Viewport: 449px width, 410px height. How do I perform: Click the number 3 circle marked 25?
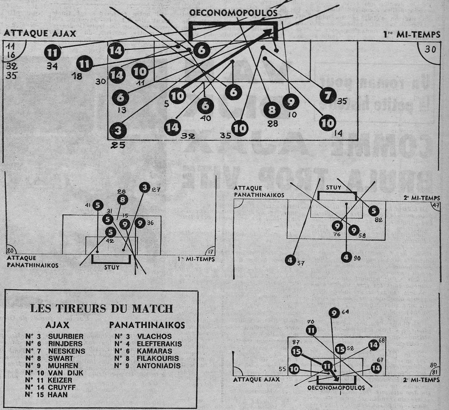(118, 131)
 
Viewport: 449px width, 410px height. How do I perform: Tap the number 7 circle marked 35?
(328, 96)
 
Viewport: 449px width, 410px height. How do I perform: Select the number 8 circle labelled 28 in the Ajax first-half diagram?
(272, 109)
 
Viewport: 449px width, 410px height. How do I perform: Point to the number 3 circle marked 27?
(144, 187)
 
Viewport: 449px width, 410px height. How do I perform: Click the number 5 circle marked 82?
(373, 211)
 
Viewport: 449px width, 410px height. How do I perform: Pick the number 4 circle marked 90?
(346, 258)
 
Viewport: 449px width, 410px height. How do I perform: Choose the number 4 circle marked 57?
(290, 260)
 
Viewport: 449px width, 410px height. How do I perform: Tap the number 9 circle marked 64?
(334, 313)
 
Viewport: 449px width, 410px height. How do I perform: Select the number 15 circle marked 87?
(296, 351)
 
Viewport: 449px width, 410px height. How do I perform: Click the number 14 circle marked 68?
(373, 345)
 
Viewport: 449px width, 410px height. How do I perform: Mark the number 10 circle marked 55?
(294, 369)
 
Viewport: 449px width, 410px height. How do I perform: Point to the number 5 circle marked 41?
(98, 205)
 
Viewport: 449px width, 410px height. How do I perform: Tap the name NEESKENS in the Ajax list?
(67, 351)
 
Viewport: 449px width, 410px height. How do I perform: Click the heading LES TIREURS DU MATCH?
(101, 309)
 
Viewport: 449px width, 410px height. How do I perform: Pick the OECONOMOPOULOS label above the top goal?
(233, 13)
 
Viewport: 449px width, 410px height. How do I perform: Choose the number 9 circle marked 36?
(140, 223)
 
